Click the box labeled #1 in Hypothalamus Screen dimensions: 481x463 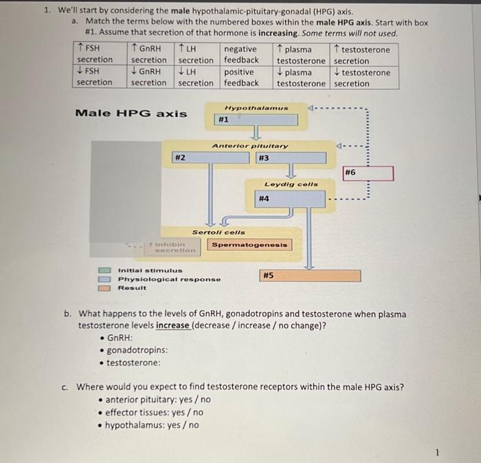pos(256,120)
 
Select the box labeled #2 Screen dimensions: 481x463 pos(210,158)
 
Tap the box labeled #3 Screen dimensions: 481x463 pos(291,158)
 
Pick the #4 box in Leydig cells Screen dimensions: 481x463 pos(290,199)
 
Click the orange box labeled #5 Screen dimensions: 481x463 pos(310,275)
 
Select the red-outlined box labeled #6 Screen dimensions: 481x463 pos(368,173)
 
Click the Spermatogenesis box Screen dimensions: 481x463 pos(249,245)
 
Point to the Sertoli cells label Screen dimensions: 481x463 pos(219,233)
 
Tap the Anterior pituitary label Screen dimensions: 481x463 pos(250,146)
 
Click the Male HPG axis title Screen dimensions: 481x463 pos(131,114)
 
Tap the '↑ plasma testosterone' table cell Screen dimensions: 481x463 pos(301,54)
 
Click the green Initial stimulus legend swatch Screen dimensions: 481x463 pos(104,270)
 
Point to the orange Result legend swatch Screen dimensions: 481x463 pos(104,288)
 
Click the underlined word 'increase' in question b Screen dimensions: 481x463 pos(172,325)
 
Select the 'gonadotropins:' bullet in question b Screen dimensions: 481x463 pos(134,350)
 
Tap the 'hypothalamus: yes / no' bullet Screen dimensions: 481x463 pos(148,425)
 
